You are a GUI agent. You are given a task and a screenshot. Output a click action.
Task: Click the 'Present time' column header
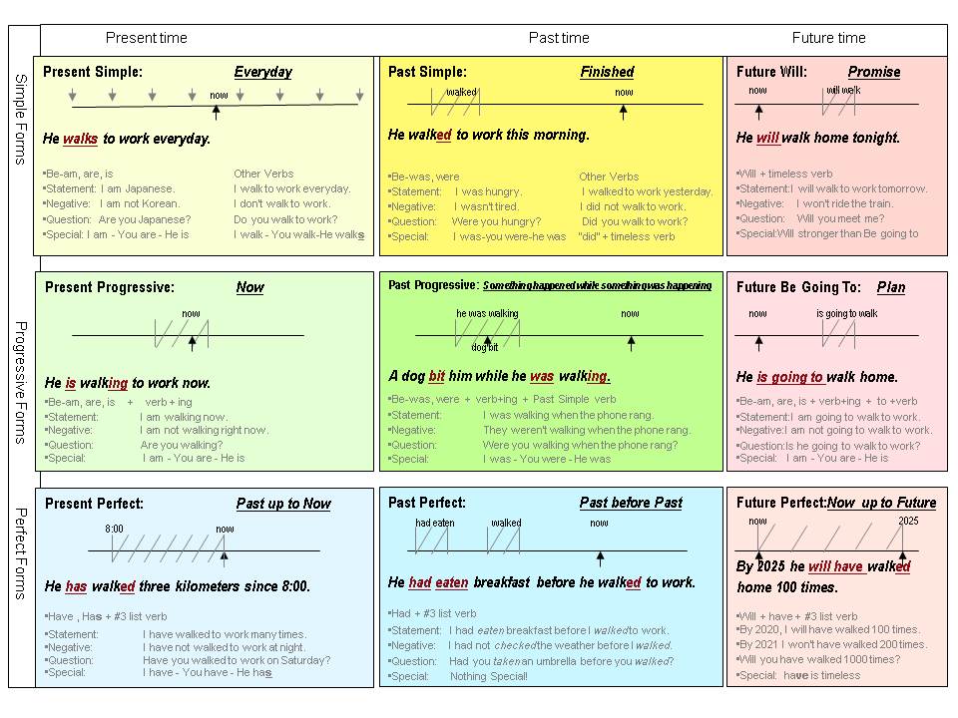tap(146, 38)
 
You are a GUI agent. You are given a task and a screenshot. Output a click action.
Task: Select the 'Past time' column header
tap(559, 38)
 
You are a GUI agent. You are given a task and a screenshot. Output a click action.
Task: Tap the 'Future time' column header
tap(828, 38)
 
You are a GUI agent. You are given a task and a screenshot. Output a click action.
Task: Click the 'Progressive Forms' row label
tap(21, 382)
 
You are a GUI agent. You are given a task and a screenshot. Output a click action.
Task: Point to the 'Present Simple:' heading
tap(93, 72)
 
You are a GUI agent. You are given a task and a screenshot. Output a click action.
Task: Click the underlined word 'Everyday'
tap(263, 72)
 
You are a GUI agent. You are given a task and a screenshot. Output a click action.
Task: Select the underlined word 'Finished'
tap(607, 72)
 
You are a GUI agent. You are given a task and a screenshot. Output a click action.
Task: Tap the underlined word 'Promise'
tap(874, 72)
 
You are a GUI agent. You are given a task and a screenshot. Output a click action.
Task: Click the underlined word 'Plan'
tap(891, 287)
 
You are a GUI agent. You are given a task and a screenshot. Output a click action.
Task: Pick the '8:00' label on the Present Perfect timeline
tap(114, 529)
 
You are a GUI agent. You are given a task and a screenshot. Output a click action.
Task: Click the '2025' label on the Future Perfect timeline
tap(908, 521)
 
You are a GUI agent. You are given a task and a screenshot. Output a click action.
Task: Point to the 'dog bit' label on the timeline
tap(485, 347)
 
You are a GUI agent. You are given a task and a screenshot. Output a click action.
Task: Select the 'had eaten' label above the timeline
tap(435, 523)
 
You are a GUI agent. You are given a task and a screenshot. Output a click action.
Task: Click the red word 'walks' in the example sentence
tap(80, 139)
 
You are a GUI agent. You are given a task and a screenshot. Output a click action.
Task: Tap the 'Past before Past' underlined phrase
tap(631, 503)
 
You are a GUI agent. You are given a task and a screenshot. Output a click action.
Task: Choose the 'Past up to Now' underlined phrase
tap(283, 504)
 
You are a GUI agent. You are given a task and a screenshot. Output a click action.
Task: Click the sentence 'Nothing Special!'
tap(489, 676)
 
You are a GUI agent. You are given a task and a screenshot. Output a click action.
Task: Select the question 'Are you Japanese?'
tap(145, 219)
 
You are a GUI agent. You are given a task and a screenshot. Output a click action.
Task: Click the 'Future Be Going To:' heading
tap(798, 287)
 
